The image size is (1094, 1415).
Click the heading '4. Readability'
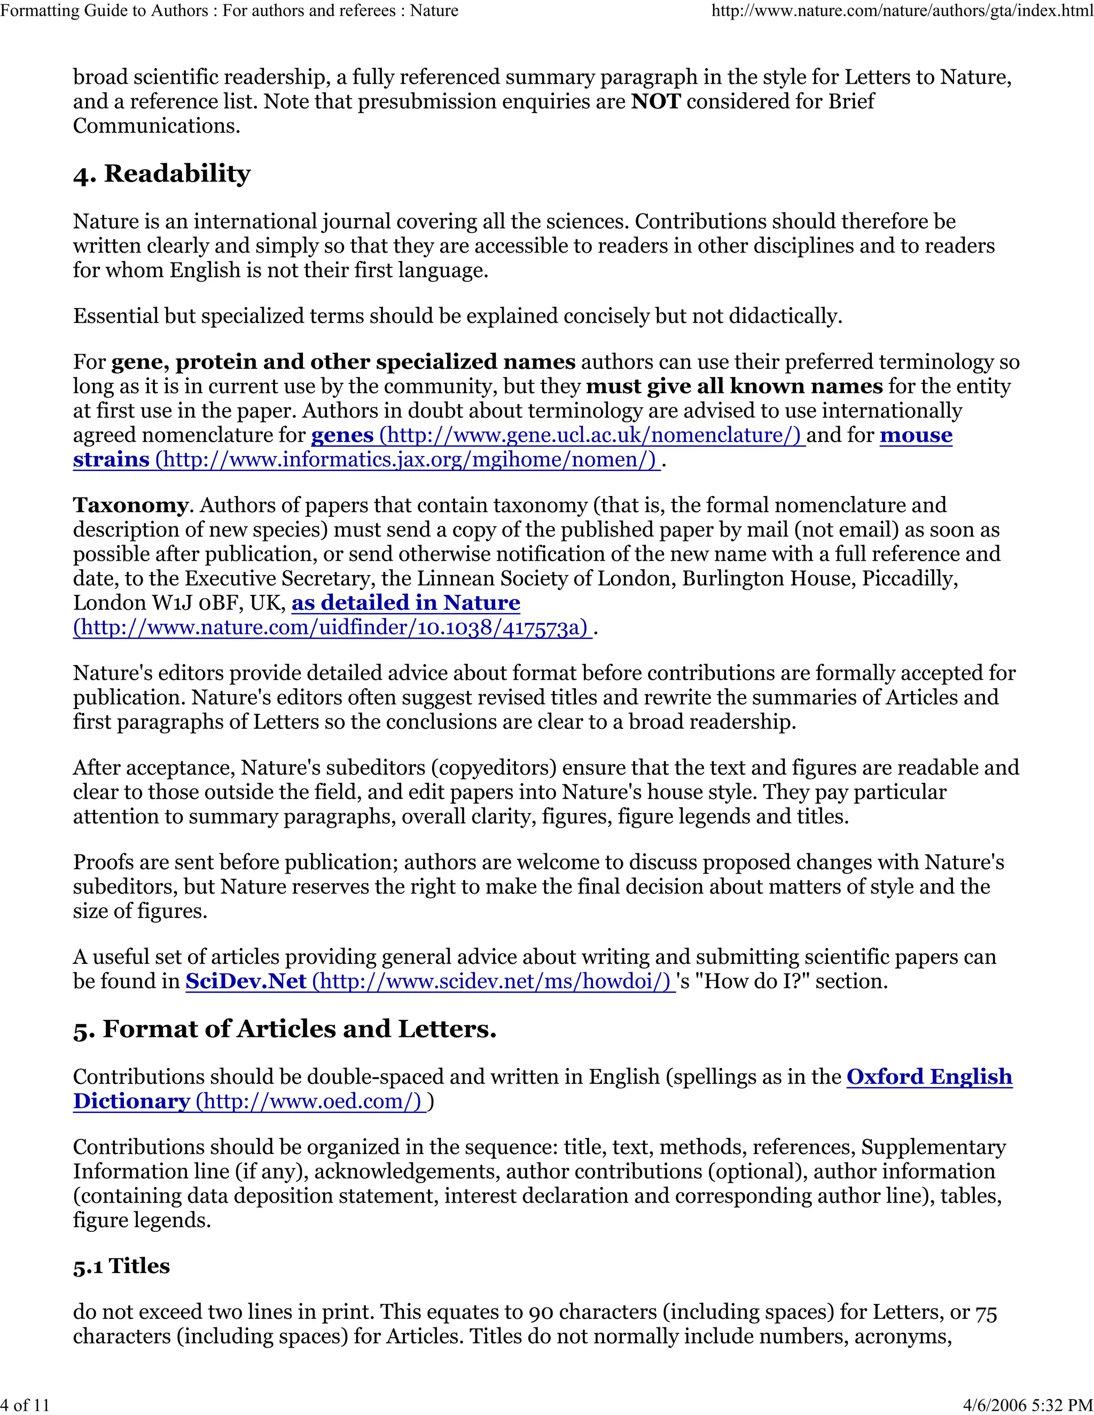[161, 174]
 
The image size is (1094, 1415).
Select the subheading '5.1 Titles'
[121, 1266]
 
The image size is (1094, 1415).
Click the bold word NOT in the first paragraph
[655, 101]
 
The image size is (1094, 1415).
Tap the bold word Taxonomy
[130, 505]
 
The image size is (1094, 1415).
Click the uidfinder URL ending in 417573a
[332, 628]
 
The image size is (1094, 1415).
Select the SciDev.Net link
[245, 981]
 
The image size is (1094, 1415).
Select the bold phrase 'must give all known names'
[733, 387]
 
